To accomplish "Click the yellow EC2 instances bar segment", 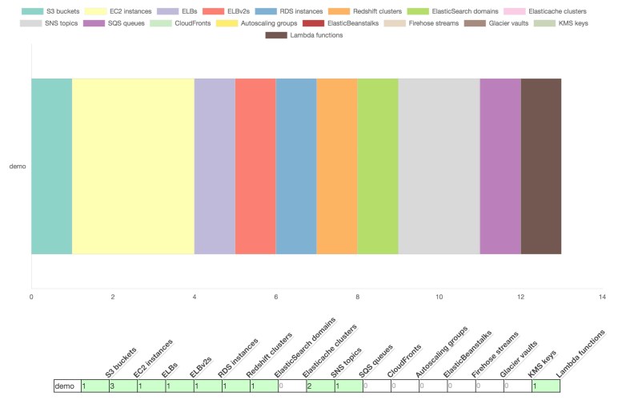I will point(133,166).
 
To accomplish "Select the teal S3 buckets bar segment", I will point(51,166).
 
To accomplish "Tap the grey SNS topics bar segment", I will point(439,166).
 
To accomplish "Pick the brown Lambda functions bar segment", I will point(541,166).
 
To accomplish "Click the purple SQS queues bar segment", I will point(500,166).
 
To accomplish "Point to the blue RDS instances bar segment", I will point(296,166).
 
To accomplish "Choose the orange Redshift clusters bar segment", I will point(337,166).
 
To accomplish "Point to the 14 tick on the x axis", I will point(602,297).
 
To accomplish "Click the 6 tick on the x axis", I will point(276,297).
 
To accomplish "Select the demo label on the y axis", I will point(18,167).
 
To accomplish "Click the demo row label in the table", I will point(66,386).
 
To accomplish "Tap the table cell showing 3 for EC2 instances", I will point(122,386).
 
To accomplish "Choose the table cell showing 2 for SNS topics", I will point(320,386).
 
